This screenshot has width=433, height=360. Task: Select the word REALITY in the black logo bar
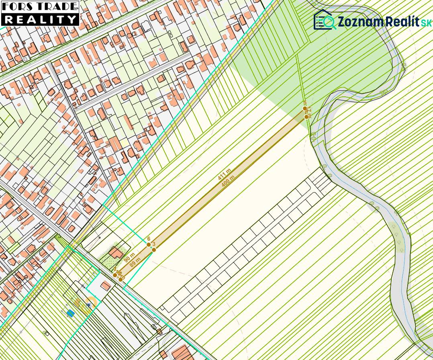tap(40, 19)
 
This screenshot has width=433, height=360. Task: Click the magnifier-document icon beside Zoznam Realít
tap(325, 20)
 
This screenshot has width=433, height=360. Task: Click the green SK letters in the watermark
tap(426, 23)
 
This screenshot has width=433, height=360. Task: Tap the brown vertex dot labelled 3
tap(153, 250)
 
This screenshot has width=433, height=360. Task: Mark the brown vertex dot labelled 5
tap(305, 108)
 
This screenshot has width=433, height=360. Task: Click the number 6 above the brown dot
tap(149, 239)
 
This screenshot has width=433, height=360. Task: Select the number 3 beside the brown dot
tap(154, 244)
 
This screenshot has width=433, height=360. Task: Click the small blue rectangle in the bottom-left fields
tap(71, 313)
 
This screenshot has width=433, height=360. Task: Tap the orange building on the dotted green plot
tap(116, 253)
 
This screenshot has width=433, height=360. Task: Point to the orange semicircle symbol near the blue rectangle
tap(91, 303)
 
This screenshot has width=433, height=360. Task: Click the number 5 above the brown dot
tap(305, 103)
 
